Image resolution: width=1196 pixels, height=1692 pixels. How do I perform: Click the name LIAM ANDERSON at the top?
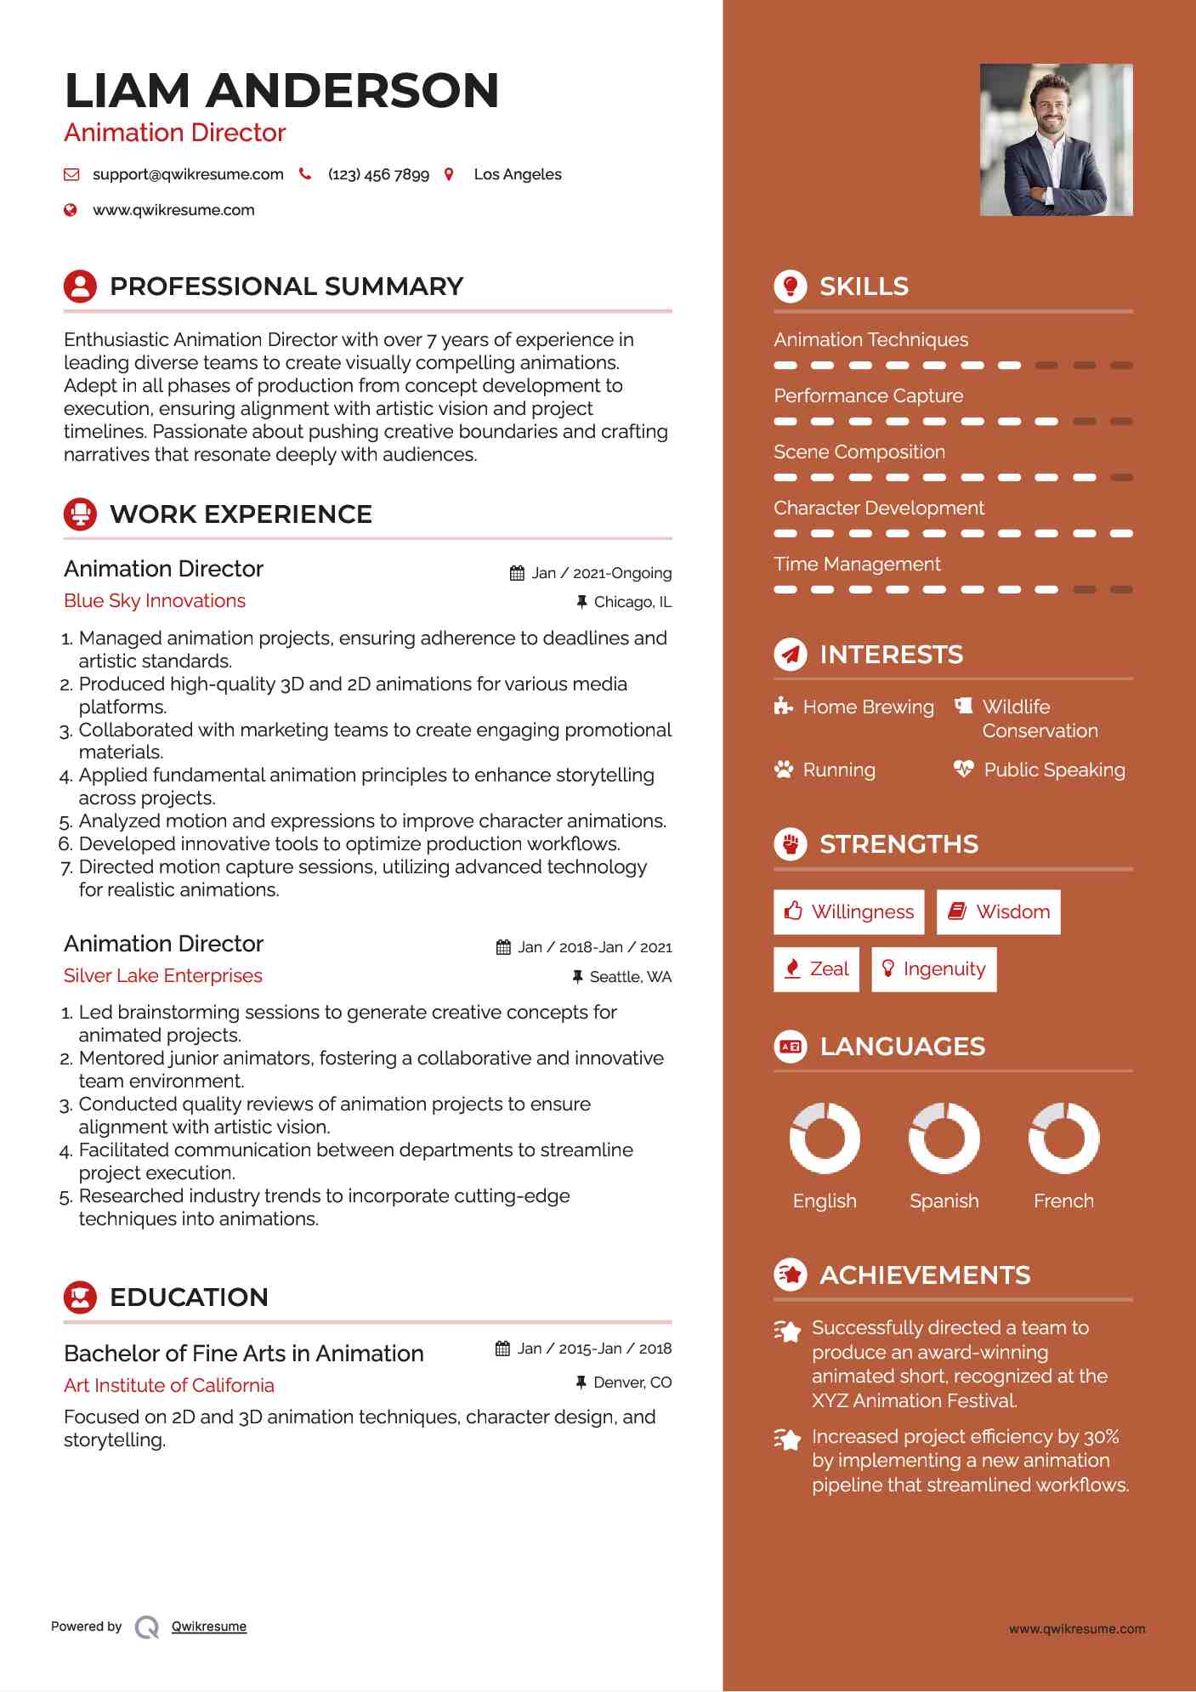[x=281, y=90]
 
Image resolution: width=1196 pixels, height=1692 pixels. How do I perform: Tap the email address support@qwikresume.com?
[x=188, y=174]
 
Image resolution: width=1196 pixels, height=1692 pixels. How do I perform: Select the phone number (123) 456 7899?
[x=378, y=174]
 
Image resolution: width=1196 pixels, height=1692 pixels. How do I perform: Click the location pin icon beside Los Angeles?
[x=449, y=174]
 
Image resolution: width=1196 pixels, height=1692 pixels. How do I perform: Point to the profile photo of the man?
[x=1056, y=139]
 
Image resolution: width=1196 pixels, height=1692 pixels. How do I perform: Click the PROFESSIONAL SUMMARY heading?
[x=286, y=287]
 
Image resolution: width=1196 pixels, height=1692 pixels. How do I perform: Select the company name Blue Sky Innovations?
[x=155, y=601]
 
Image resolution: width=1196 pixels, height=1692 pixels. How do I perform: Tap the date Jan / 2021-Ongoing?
[x=601, y=573]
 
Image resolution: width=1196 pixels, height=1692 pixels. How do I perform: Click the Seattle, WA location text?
[x=630, y=977]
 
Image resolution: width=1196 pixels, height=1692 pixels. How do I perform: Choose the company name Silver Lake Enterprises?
[x=163, y=976]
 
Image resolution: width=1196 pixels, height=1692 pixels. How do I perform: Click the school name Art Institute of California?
[x=169, y=1386]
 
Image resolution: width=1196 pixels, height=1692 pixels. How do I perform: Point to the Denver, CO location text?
[x=632, y=1383]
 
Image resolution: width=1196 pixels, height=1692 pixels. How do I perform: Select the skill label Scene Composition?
[x=859, y=452]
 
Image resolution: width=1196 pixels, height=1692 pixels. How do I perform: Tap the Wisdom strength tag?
[x=999, y=912]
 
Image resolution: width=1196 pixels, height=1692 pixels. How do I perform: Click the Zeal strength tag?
[x=817, y=969]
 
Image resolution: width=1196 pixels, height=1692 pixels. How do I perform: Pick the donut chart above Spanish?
[x=944, y=1138]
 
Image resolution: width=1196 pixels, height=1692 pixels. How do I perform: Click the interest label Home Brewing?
[x=868, y=707]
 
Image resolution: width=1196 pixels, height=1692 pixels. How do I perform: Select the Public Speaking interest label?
[x=1054, y=770]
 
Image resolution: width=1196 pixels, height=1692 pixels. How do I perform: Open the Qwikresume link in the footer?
[x=209, y=1627]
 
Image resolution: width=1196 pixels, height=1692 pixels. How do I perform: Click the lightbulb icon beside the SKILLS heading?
[x=791, y=287]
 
